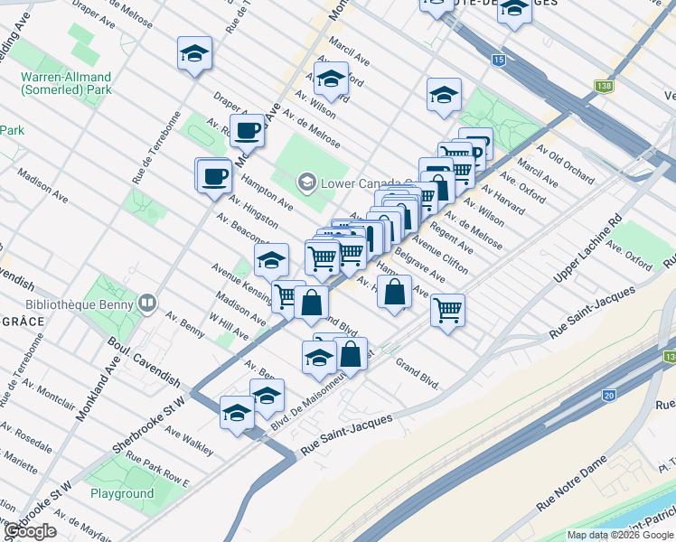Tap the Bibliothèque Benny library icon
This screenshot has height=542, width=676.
click(147, 304)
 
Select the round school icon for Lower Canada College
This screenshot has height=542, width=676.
click(306, 184)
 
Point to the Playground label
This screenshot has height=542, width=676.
click(122, 493)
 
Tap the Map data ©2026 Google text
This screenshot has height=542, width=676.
click(620, 535)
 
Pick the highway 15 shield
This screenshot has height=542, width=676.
click(499, 60)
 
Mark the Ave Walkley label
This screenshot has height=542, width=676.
click(190, 440)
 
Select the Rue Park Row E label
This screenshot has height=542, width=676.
click(158, 470)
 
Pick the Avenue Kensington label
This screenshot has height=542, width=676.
click(241, 280)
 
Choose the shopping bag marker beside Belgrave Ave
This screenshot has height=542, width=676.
click(395, 292)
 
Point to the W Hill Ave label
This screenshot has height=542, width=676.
click(228, 326)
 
